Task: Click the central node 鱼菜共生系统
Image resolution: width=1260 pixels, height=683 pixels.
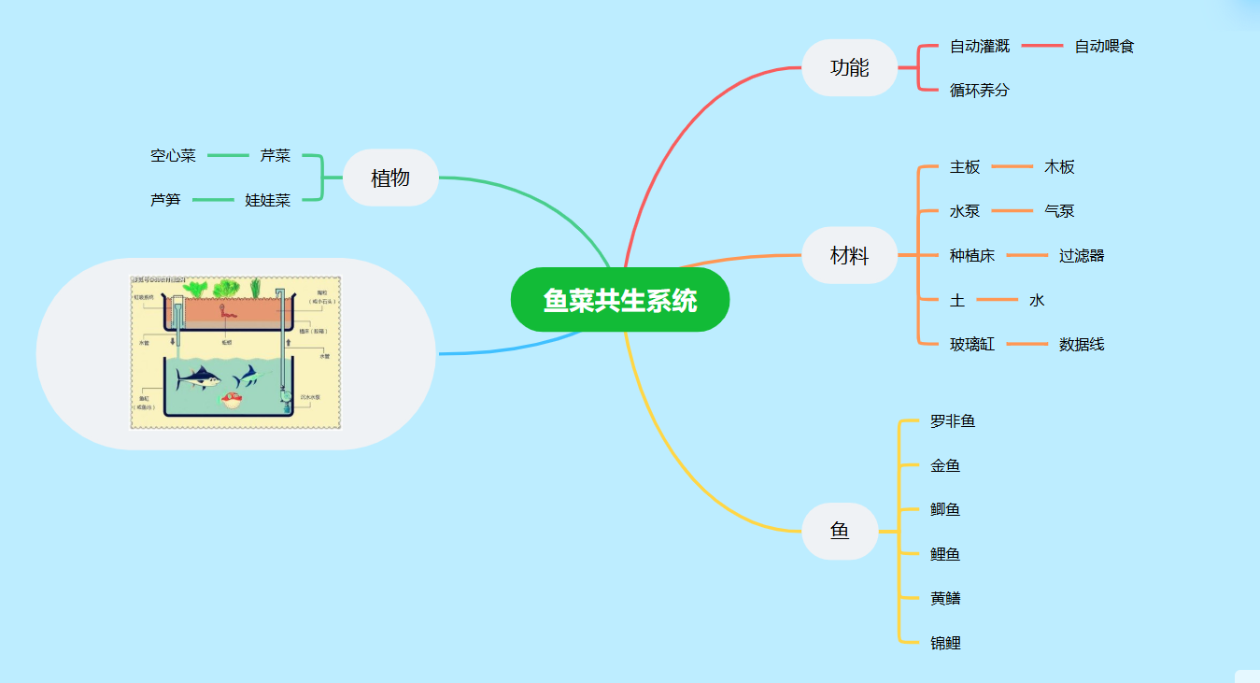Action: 619,300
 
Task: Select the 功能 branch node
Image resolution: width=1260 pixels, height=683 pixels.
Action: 849,68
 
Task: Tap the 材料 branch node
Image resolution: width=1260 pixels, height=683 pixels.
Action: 849,255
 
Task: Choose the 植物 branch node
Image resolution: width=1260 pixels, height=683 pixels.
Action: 390,178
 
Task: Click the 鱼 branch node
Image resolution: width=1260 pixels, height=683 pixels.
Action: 840,531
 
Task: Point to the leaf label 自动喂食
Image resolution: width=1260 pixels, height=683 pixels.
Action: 1104,46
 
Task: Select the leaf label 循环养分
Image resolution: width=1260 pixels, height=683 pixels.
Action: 980,91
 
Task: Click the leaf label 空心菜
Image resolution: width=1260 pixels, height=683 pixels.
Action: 173,156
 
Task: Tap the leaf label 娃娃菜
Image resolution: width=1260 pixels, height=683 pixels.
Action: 268,200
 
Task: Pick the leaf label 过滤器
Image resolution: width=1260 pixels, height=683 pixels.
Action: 1082,256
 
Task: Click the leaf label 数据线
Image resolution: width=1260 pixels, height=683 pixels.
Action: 1082,345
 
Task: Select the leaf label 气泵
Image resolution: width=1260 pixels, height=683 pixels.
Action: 1059,211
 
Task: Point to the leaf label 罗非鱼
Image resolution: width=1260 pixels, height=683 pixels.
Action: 953,421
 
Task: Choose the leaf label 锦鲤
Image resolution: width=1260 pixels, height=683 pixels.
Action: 945,643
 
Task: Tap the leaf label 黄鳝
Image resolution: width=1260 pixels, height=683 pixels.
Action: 945,598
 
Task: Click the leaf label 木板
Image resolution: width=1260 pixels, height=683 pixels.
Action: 1059,167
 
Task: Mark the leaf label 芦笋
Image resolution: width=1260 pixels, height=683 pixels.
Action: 165,200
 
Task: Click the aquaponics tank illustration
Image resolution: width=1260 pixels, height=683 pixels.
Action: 235,352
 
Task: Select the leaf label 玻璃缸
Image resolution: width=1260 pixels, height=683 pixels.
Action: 972,345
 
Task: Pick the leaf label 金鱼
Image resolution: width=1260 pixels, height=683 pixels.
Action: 945,465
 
